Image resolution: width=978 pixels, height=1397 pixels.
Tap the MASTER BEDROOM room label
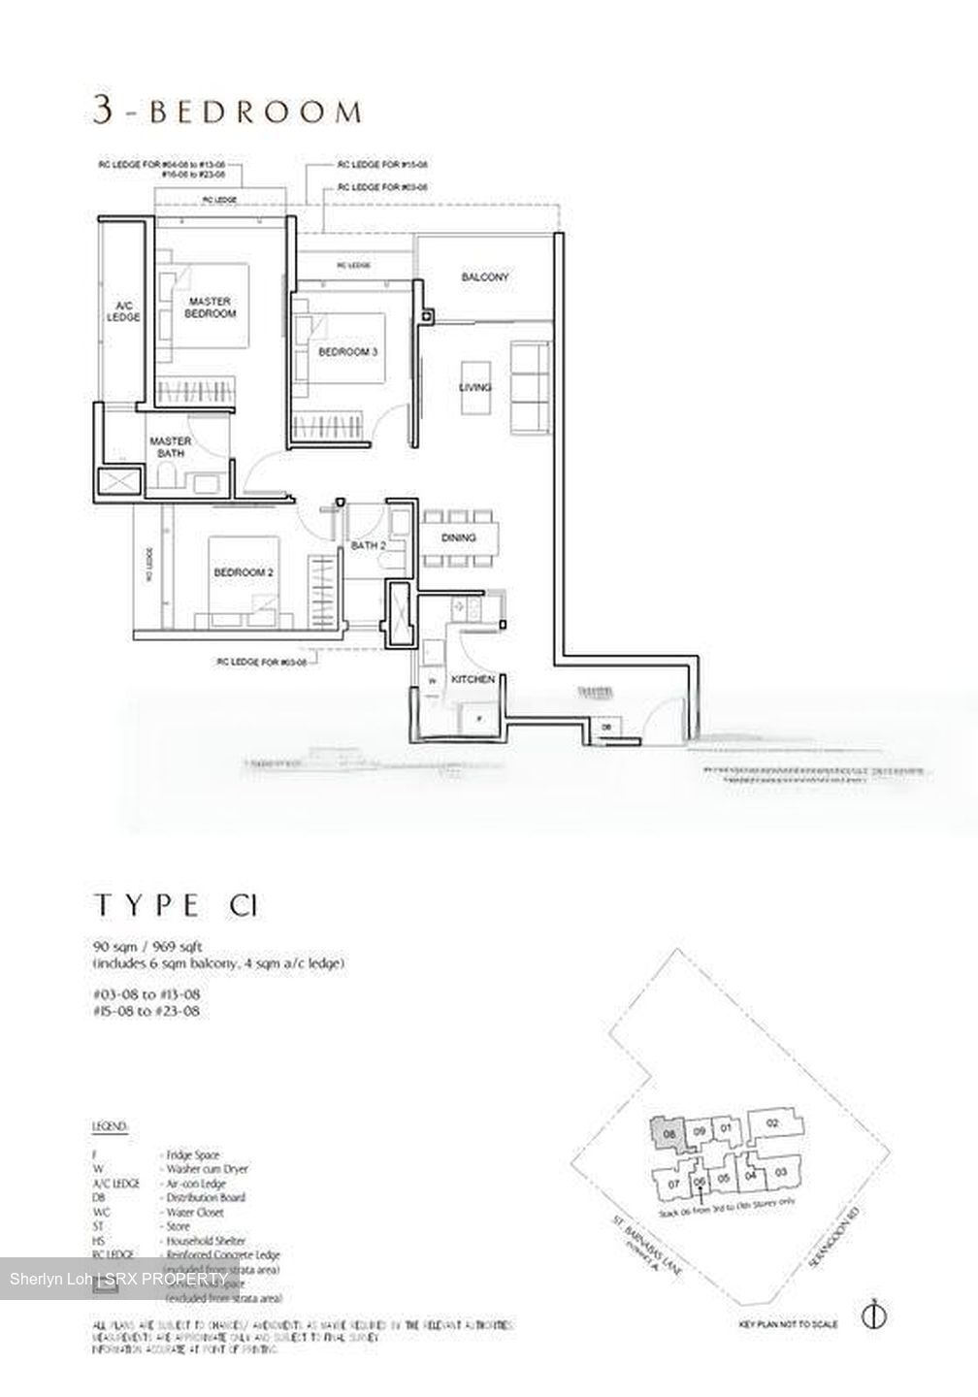(x=212, y=308)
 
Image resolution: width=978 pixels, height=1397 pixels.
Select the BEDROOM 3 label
(x=347, y=351)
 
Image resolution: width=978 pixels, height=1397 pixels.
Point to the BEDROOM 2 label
(x=243, y=573)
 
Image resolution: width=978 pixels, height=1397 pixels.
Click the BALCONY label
(x=485, y=277)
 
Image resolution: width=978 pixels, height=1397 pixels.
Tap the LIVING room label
(x=475, y=388)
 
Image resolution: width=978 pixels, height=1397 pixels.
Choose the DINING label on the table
(x=458, y=538)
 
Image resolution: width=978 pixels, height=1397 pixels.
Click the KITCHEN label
(x=473, y=679)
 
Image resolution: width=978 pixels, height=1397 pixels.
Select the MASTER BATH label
(x=170, y=447)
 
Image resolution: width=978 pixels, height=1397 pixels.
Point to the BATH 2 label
(x=369, y=546)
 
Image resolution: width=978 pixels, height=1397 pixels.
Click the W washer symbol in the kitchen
(x=431, y=682)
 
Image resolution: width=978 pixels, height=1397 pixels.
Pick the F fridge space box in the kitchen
(x=476, y=719)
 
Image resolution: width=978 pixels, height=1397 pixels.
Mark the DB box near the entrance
(x=606, y=727)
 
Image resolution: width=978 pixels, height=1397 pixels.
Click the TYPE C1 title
(x=176, y=905)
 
